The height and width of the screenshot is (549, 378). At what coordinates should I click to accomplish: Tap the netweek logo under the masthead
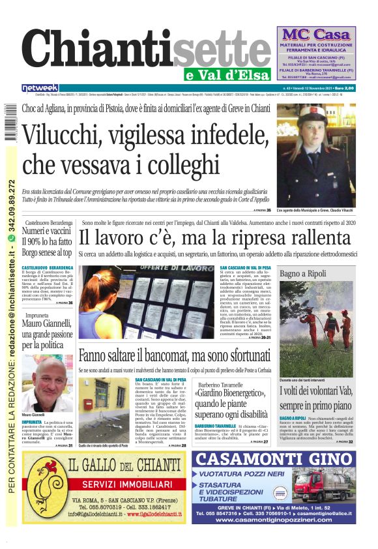40,87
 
